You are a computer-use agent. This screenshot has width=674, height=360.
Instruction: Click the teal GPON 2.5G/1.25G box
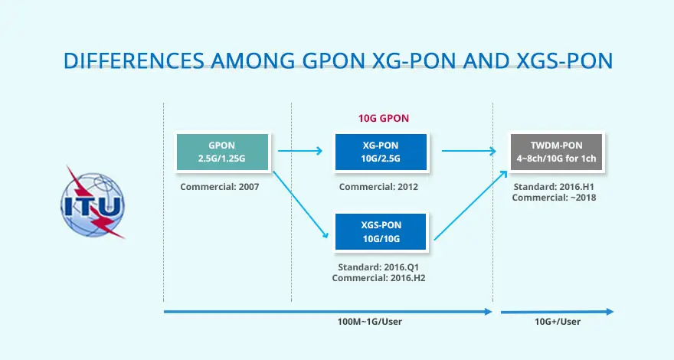tap(221, 152)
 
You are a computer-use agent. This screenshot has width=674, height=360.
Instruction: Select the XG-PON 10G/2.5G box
tap(381, 152)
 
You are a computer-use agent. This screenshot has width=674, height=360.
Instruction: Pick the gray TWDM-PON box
tap(556, 152)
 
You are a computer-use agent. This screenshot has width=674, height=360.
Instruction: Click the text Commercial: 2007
tap(219, 187)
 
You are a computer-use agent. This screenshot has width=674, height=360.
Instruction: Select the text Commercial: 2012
tap(378, 187)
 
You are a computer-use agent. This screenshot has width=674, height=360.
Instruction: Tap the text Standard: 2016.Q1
tap(378, 267)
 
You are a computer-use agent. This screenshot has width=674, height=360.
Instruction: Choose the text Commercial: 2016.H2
tap(378, 278)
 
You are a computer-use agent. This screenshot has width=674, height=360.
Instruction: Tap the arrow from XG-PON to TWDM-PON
tap(468, 151)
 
